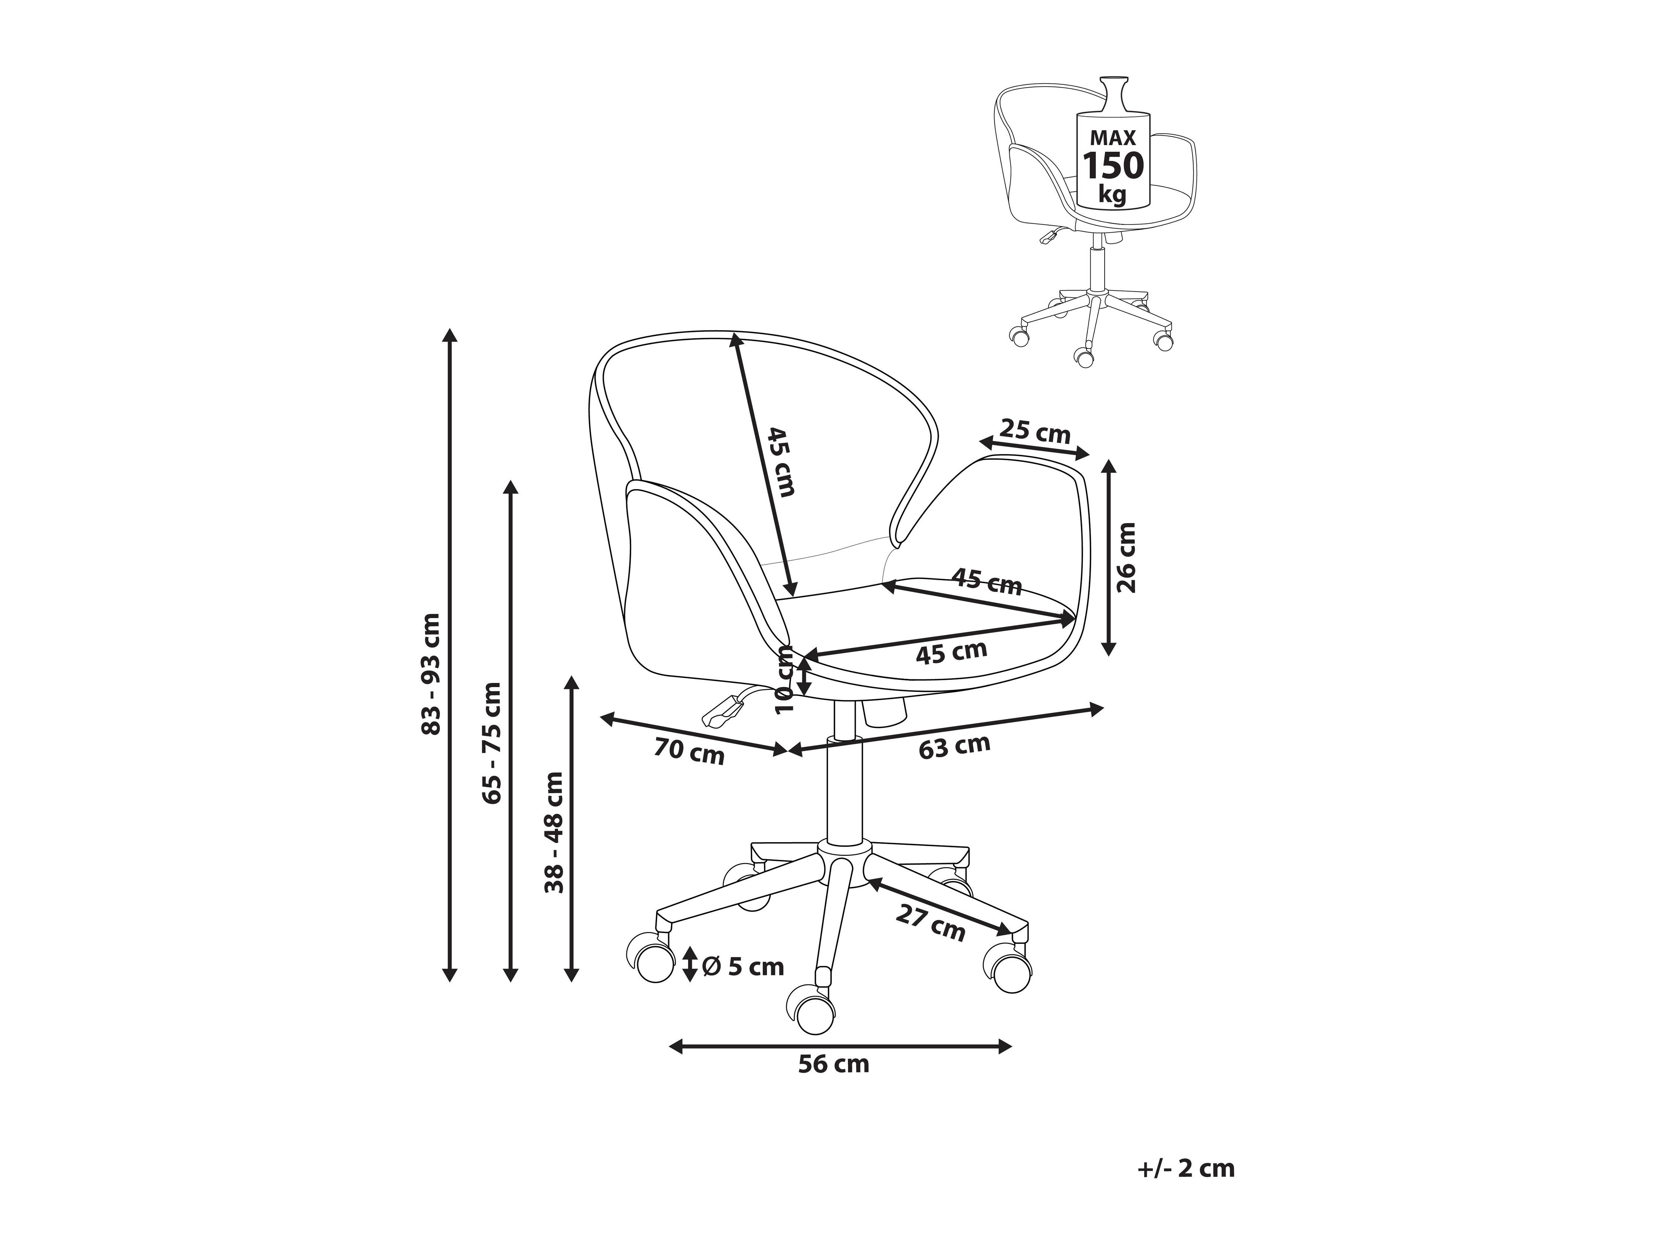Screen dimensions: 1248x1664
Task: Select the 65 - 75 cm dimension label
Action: coord(493,742)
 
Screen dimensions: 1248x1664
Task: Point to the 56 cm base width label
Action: coord(833,1064)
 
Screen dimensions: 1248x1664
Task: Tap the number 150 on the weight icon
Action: coord(1112,165)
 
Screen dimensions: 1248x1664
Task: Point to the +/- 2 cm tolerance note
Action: coord(1186,1168)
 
